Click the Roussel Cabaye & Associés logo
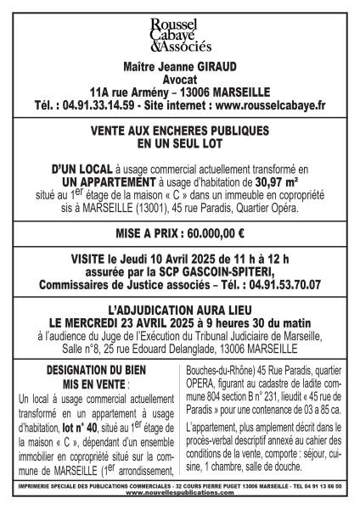(x=179, y=35)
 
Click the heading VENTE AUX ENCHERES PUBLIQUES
(x=179, y=131)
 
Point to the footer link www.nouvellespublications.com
(x=179, y=495)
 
